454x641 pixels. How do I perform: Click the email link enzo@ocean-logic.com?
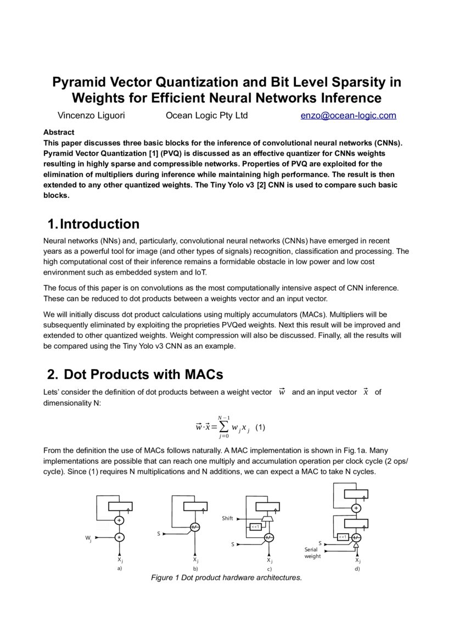tap(348, 115)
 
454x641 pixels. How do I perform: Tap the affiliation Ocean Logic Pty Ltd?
tap(206, 115)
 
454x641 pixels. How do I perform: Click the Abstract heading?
tap(59, 132)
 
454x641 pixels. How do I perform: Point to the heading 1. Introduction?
tap(93, 224)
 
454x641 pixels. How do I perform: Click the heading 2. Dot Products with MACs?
tap(135, 375)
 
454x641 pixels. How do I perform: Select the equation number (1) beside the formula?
tap(260, 428)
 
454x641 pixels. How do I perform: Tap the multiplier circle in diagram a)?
tap(119, 537)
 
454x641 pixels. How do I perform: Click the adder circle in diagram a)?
tap(119, 520)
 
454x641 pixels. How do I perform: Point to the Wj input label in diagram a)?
tap(88, 539)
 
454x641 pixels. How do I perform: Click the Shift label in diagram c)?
tap(228, 518)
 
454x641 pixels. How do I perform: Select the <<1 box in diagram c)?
tap(255, 527)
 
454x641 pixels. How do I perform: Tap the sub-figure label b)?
tap(195, 569)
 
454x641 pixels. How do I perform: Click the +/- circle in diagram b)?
tap(195, 527)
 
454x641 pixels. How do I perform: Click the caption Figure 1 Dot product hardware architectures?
tap(226, 578)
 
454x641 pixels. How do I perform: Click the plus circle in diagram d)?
tap(356, 508)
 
